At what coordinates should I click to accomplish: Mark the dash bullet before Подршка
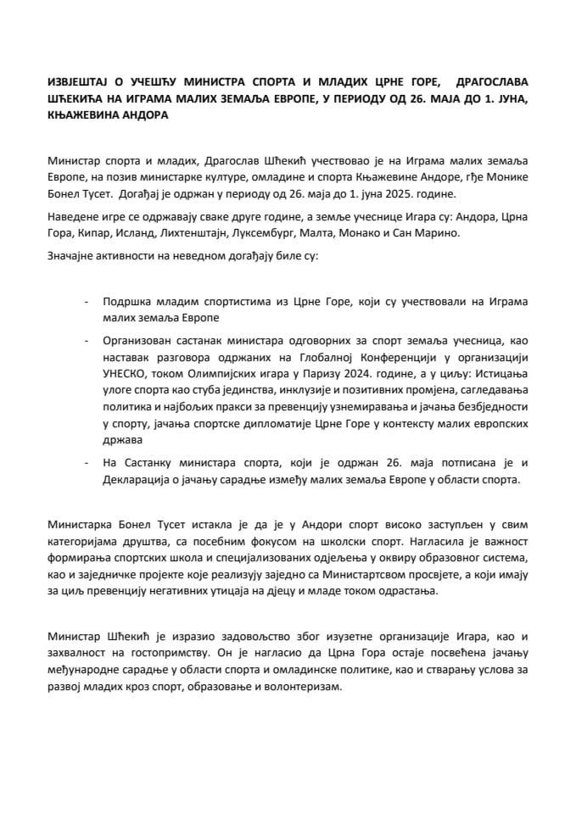click(x=87, y=301)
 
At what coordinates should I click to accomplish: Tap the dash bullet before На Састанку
click(x=87, y=462)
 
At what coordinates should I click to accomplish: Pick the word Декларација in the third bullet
click(x=137, y=478)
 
